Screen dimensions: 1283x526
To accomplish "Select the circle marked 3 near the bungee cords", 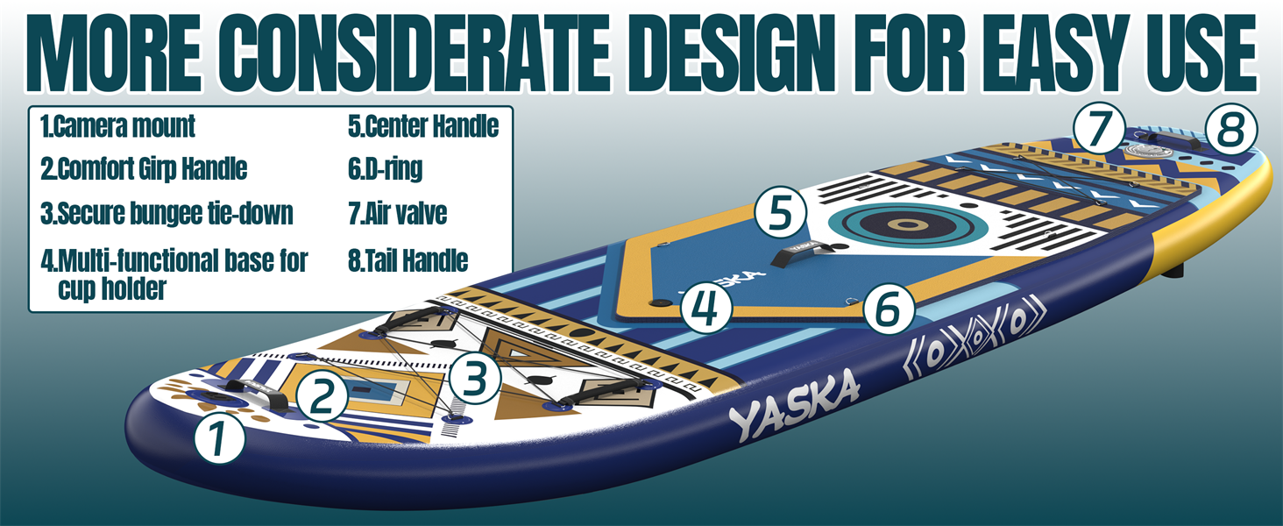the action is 474,378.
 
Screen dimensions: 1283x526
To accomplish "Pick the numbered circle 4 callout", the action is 707,308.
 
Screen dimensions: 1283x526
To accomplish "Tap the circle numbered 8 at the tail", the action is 1230,131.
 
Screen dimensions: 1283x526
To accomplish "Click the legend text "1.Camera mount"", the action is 117,126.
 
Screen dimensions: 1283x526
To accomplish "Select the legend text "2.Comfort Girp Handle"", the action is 144,168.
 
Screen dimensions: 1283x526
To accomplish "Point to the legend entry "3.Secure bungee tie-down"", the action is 167,213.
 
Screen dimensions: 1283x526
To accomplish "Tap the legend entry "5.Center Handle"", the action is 423,126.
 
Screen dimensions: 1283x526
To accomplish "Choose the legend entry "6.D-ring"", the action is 385,169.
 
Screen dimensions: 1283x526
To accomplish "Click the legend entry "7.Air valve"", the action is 397,214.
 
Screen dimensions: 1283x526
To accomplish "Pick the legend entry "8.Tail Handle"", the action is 408,260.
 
